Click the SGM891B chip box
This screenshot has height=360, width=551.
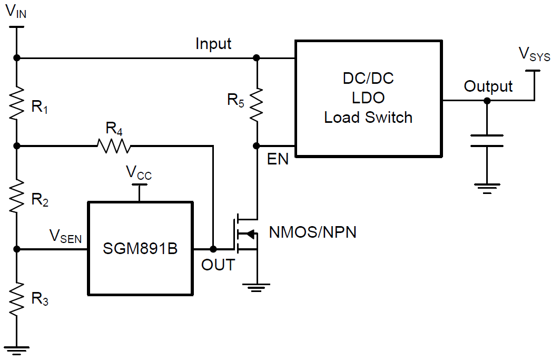coord(140,248)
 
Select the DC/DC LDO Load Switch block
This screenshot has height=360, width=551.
coord(368,99)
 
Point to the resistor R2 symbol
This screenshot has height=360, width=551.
coord(17,195)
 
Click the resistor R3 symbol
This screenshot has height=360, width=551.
coord(17,298)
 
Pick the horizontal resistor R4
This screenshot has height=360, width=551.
coord(113,145)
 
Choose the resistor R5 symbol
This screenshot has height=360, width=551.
coord(257,103)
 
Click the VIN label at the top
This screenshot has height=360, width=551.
coord(16,12)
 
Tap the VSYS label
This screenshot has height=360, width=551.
coord(534,54)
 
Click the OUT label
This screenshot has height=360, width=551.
coord(218,265)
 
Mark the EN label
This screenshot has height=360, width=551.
coord(278,159)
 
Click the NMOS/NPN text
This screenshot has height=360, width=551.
coord(312,232)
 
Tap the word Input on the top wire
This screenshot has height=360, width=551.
coord(213,44)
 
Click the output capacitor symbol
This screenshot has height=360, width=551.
coord(487,141)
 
